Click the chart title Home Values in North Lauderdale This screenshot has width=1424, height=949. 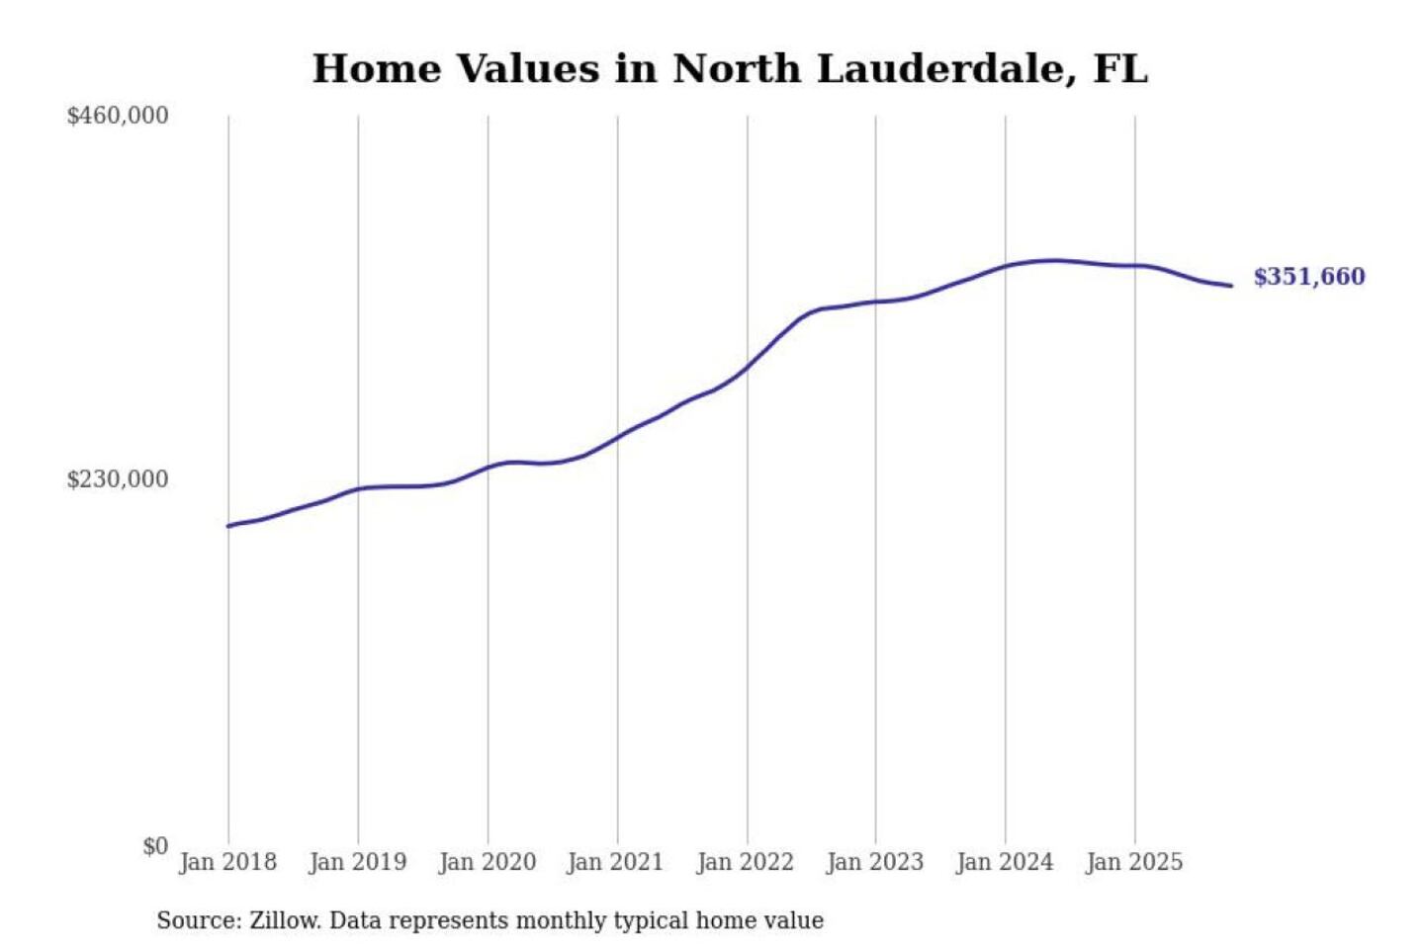tap(730, 69)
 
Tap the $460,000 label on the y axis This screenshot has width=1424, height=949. tap(118, 116)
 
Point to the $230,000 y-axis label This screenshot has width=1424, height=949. tap(118, 479)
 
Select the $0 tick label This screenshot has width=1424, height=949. tap(155, 846)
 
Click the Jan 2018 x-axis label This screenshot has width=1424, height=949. tap(228, 862)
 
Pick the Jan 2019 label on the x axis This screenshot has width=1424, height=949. tap(358, 862)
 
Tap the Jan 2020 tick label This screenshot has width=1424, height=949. tap(488, 862)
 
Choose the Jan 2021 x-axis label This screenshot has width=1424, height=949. tap(615, 862)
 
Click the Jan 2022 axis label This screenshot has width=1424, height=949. tap(746, 862)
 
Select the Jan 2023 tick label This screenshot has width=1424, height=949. tap(875, 862)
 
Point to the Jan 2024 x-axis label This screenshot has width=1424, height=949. tap(1005, 862)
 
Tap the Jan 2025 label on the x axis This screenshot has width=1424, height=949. tap(1134, 862)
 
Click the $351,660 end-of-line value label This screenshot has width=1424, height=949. tap(1309, 277)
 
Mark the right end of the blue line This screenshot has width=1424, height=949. tap(1231, 286)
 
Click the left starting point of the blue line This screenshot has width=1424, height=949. tap(228, 526)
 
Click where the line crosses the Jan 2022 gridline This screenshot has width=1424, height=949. tap(748, 367)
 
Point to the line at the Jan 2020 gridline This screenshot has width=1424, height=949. tap(488, 468)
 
